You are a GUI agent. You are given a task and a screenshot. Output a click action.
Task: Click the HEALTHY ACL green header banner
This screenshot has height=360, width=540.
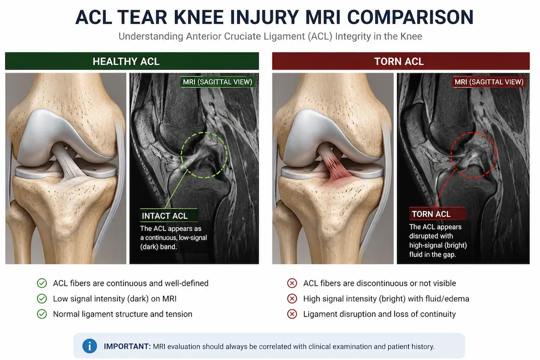132,62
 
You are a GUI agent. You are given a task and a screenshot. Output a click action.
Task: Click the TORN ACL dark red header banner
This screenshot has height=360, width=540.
401,62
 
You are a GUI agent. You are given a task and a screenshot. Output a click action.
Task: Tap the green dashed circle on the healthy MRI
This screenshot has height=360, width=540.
204,133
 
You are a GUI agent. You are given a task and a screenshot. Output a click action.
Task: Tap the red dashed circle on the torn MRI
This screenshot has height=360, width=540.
474,133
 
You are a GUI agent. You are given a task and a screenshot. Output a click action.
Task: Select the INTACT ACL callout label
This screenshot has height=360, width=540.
165,216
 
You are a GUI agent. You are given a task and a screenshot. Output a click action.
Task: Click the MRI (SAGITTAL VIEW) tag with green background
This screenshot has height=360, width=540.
217,82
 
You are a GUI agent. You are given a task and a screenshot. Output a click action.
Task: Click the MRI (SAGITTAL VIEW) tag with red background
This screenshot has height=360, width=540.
489,82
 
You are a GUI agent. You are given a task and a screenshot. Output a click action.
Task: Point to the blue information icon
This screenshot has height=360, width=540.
90,346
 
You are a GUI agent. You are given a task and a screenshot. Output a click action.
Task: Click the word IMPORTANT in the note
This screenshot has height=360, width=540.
127,346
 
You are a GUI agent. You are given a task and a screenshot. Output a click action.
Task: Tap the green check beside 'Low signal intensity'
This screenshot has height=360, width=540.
42,298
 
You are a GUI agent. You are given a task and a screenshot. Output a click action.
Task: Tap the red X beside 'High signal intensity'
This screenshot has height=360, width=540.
292,298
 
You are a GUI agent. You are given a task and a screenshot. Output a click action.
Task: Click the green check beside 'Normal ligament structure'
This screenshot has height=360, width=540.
42,314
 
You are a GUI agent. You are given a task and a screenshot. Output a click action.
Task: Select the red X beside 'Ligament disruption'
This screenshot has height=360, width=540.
292,314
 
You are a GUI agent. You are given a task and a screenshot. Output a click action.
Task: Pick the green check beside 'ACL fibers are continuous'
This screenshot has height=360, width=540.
42,283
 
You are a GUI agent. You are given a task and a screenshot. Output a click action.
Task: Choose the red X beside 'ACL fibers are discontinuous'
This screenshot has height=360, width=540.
292,283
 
